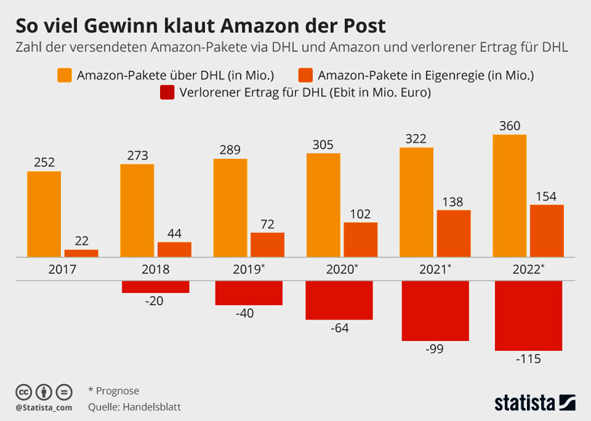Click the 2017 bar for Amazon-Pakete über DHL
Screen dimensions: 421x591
pyautogui.click(x=44, y=214)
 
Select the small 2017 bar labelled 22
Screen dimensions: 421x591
pyautogui.click(x=81, y=253)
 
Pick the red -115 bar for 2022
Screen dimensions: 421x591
pyautogui.click(x=528, y=315)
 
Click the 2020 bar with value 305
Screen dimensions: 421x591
pyautogui.click(x=323, y=205)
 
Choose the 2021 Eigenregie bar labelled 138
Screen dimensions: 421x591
pyautogui.click(x=453, y=233)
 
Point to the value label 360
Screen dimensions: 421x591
pyautogui.click(x=509, y=126)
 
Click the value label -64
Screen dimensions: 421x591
pyautogui.click(x=339, y=328)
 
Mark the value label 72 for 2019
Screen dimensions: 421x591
pyautogui.click(x=267, y=224)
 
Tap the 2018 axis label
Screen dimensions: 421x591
pyautogui.click(x=156, y=269)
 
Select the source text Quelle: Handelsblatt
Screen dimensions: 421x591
pyautogui.click(x=135, y=407)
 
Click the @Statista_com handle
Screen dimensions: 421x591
pyautogui.click(x=44, y=407)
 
